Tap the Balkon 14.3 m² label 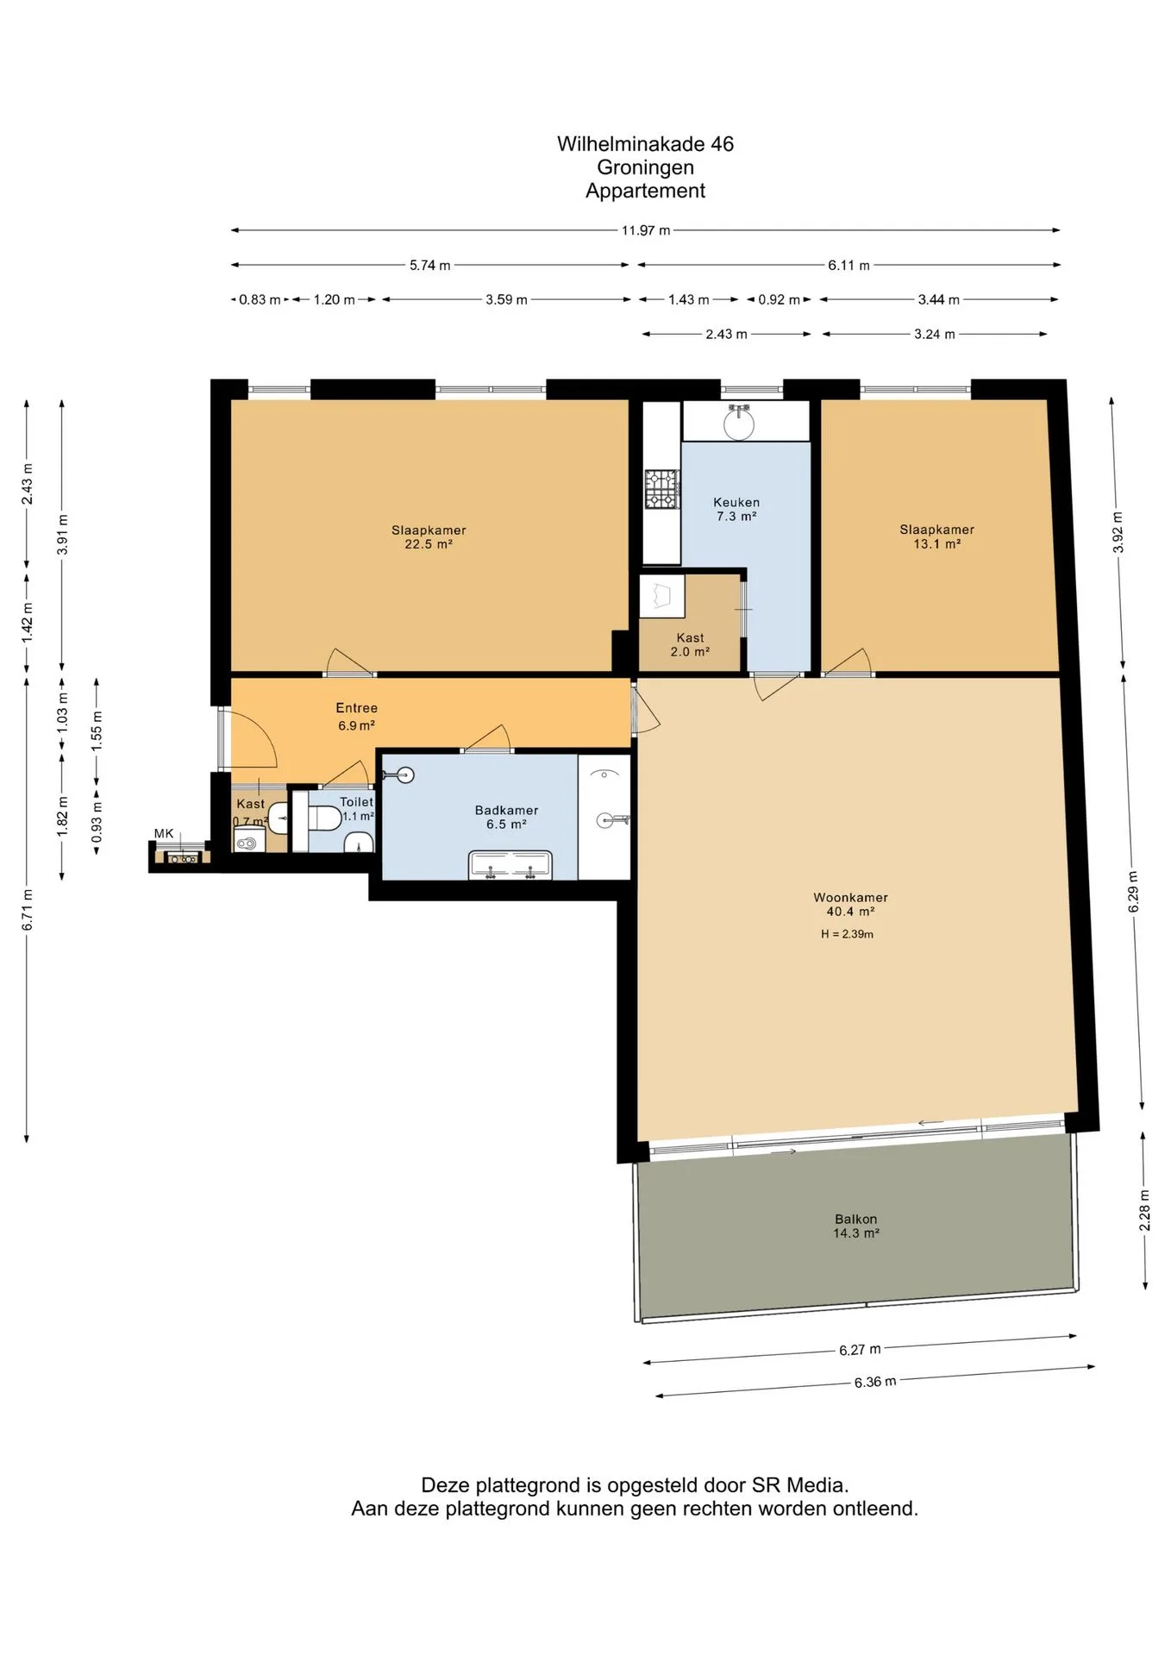pyautogui.click(x=856, y=1226)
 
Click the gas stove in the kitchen pyautogui.click(x=662, y=488)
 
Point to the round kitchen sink pyautogui.click(x=739, y=422)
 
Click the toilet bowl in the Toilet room pyautogui.click(x=324, y=818)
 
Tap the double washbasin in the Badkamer pyautogui.click(x=510, y=865)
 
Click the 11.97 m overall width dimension pyautogui.click(x=646, y=230)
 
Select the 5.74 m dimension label pyautogui.click(x=429, y=265)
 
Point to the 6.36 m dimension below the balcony pyautogui.click(x=875, y=1381)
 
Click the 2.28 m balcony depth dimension pyautogui.click(x=1144, y=1211)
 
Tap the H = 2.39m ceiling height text pyautogui.click(x=847, y=933)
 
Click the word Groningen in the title pyautogui.click(x=645, y=167)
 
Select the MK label pyautogui.click(x=164, y=833)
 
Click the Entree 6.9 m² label pyautogui.click(x=356, y=717)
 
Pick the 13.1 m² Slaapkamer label pyautogui.click(x=936, y=536)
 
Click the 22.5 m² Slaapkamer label pyautogui.click(x=429, y=536)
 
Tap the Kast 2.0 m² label pyautogui.click(x=690, y=644)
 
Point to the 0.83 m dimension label pyautogui.click(x=260, y=299)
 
